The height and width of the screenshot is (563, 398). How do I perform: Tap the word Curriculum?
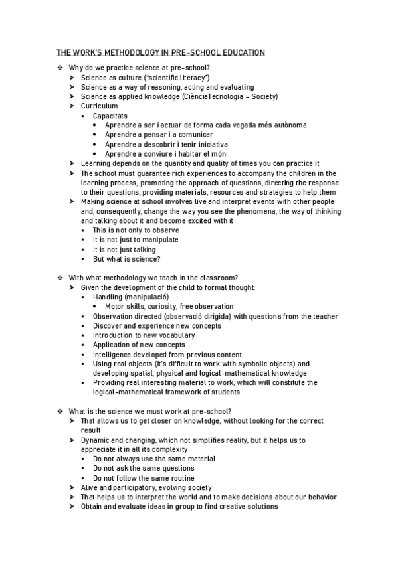coord(99,106)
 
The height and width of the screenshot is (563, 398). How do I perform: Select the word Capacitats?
coord(110,116)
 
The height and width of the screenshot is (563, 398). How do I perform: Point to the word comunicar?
coord(182,134)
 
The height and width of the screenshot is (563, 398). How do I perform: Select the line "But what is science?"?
coord(126,259)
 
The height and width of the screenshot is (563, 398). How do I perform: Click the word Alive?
coord(90,487)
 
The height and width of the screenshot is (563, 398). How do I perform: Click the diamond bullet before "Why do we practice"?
coord(60,68)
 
